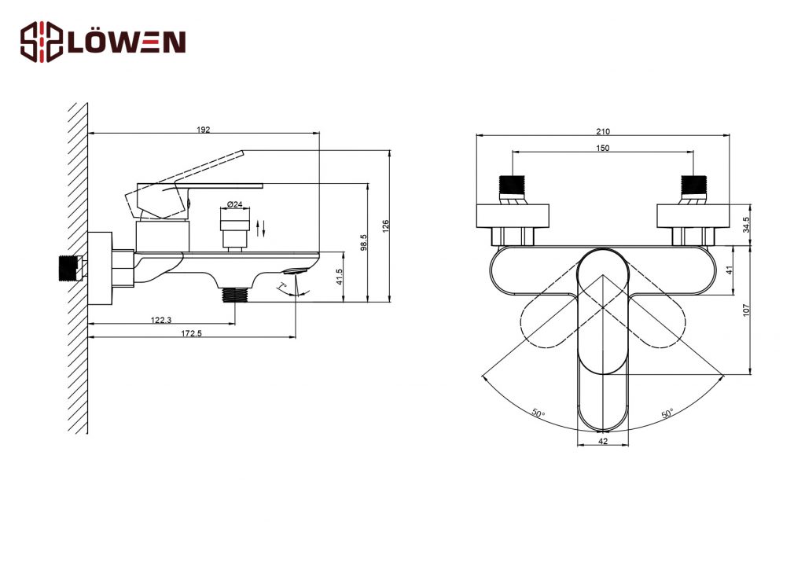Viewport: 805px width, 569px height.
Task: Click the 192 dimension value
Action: tap(204, 130)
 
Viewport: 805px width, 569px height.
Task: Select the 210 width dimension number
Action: tap(603, 132)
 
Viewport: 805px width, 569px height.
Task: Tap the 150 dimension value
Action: tap(603, 149)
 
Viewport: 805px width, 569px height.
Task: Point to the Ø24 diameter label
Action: tap(234, 204)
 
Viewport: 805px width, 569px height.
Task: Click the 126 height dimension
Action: tap(386, 226)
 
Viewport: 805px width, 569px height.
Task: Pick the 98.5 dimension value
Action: tap(363, 242)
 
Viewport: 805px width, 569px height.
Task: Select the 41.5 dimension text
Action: tap(339, 277)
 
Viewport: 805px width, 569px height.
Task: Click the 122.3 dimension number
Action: tap(160, 320)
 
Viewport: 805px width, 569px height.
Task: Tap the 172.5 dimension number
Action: tap(192, 333)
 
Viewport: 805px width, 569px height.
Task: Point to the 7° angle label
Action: tap(283, 286)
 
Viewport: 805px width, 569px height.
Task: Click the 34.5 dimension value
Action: tap(747, 225)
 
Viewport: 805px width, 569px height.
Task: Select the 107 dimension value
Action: tap(747, 310)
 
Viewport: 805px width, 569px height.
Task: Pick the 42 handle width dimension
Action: tap(603, 441)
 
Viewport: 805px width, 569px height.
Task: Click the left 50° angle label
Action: tap(539, 413)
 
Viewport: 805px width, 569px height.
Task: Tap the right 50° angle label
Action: tap(667, 413)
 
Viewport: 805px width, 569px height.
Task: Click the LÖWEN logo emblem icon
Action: tap(42, 42)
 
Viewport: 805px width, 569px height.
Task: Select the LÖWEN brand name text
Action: tap(127, 42)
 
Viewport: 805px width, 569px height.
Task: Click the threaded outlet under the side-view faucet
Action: tap(234, 295)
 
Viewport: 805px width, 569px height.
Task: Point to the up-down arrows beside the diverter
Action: tap(261, 229)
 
